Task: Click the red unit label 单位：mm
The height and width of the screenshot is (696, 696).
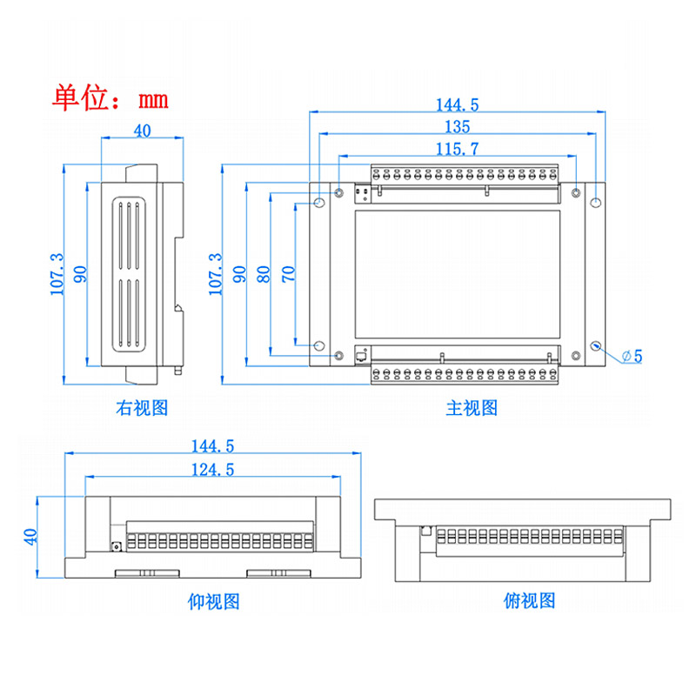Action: pyautogui.click(x=110, y=97)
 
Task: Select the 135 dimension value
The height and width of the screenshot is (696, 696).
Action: pyautogui.click(x=458, y=127)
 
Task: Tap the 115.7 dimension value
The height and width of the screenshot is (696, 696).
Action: pyautogui.click(x=458, y=149)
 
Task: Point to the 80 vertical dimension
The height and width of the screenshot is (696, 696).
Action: pyautogui.click(x=264, y=273)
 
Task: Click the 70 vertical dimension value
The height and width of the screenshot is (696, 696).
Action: pyautogui.click(x=289, y=273)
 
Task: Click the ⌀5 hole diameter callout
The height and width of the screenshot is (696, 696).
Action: pyautogui.click(x=632, y=356)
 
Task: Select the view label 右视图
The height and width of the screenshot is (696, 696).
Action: pyautogui.click(x=141, y=407)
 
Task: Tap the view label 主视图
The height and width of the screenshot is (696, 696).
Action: pyautogui.click(x=472, y=407)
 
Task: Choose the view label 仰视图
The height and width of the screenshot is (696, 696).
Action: pyautogui.click(x=213, y=601)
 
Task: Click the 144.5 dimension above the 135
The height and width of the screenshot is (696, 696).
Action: pyautogui.click(x=458, y=104)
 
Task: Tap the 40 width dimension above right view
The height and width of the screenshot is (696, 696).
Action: pyautogui.click(x=143, y=130)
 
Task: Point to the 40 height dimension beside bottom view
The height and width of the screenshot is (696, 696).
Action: pyautogui.click(x=31, y=537)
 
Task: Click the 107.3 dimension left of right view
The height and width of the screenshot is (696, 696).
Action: pyautogui.click(x=57, y=274)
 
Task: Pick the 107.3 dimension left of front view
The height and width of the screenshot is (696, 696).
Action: pyautogui.click(x=215, y=274)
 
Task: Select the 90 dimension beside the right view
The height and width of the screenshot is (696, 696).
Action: pyautogui.click(x=80, y=274)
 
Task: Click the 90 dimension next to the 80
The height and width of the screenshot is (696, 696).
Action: pyautogui.click(x=239, y=274)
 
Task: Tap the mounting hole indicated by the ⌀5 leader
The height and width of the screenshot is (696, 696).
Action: pyautogui.click(x=596, y=346)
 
